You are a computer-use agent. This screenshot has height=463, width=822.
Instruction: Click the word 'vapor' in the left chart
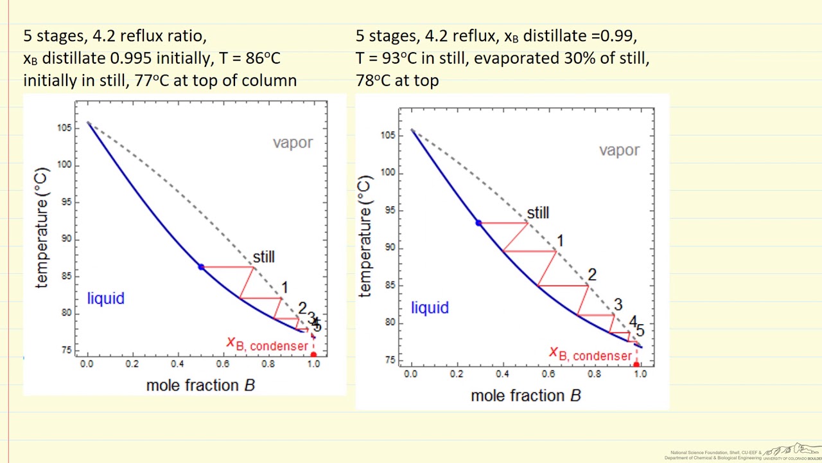tap(292, 143)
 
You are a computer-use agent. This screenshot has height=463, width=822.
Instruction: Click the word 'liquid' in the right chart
tap(430, 308)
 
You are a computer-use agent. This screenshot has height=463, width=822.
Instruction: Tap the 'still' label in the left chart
tap(263, 257)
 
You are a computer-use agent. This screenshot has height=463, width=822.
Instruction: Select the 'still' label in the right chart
tap(538, 213)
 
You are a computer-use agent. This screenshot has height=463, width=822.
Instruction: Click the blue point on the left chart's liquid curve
tap(201, 267)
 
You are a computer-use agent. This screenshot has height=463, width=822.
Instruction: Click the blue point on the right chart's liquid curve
tap(478, 223)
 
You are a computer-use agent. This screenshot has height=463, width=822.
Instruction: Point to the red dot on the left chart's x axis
tap(313, 354)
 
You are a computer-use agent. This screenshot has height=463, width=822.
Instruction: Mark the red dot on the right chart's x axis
tap(636, 365)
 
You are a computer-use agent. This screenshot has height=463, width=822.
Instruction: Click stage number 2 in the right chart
tap(591, 275)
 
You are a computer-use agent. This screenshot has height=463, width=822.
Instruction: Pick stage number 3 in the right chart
tap(618, 305)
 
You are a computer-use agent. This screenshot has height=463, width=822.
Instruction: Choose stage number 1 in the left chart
tap(284, 288)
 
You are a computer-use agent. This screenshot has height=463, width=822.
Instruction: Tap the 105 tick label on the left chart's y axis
tap(64, 128)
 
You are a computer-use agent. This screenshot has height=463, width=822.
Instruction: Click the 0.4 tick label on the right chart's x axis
tap(502, 374)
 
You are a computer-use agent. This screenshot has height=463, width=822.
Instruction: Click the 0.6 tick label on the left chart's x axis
tap(222, 364)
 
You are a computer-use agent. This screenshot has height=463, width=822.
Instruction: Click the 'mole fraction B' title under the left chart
tap(200, 385)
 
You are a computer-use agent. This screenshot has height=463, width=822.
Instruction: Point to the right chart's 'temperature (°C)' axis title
tap(364, 236)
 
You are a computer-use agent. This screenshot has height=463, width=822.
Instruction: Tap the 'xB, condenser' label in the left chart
tap(267, 345)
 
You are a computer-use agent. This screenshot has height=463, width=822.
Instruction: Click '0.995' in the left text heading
tap(131, 59)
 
